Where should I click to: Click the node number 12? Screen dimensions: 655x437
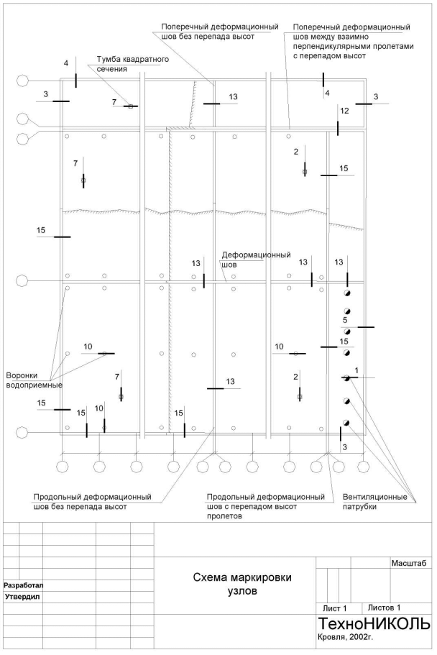(344, 111)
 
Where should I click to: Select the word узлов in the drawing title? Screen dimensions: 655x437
(237, 592)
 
